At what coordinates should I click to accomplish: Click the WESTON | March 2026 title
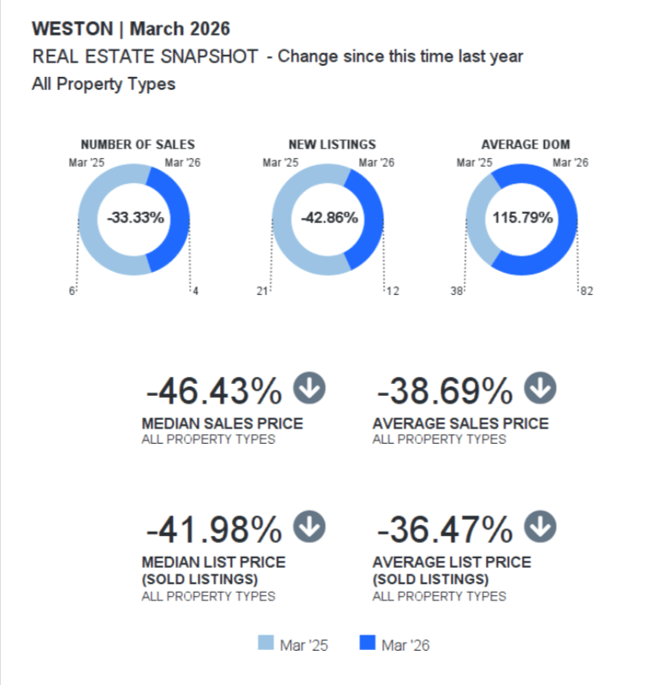[x=131, y=28]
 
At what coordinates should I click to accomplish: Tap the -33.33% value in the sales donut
[x=135, y=217]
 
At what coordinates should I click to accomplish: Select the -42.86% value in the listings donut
[x=329, y=217]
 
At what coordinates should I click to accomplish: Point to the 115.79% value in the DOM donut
[x=523, y=217]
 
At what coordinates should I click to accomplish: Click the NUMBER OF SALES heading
[x=137, y=145]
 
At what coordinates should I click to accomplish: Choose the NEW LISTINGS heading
[x=332, y=145]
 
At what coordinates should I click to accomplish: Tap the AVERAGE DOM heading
[x=525, y=145]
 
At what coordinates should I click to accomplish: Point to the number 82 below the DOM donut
[x=586, y=292]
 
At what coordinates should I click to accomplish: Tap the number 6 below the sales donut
[x=73, y=292]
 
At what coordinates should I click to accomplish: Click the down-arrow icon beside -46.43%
[x=310, y=389]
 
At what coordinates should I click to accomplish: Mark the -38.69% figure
[x=445, y=393]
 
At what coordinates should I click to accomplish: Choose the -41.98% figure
[x=214, y=530]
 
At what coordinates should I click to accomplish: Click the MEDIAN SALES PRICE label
[x=222, y=423]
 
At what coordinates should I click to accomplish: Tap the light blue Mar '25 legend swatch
[x=266, y=643]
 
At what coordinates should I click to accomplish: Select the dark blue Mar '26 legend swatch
[x=368, y=643]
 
